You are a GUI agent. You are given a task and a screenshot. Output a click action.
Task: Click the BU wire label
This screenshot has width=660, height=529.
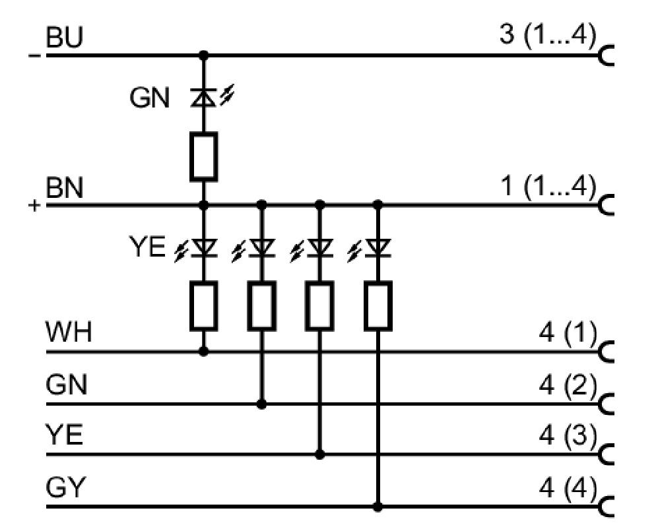tap(64, 37)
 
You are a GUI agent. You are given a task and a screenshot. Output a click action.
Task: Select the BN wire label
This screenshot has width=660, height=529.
tap(64, 187)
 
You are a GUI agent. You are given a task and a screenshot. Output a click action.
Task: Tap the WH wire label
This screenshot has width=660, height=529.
tap(69, 332)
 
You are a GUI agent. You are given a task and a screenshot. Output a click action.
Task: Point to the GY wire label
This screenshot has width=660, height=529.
tap(65, 487)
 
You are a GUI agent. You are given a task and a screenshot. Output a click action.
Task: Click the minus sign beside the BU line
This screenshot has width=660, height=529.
tap(34, 55)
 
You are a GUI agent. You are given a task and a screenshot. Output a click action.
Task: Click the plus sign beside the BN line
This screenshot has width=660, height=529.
tap(34, 206)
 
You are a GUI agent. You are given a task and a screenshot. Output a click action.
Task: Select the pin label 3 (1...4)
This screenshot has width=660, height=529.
tap(548, 34)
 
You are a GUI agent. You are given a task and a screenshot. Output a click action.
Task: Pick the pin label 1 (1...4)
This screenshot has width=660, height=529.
tap(548, 185)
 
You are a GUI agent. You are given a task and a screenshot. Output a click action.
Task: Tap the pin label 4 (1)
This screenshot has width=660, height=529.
tap(568, 332)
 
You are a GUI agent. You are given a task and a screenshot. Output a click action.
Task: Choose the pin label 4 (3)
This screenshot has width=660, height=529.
tap(568, 435)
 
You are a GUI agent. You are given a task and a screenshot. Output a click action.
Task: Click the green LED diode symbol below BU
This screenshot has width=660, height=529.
tap(204, 98)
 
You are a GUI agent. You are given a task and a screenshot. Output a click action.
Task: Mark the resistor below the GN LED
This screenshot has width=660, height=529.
tap(204, 156)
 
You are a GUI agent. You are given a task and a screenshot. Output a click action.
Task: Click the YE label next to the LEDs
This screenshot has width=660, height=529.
tap(147, 247)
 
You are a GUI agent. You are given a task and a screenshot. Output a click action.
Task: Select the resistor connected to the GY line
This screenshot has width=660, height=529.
tap(378, 305)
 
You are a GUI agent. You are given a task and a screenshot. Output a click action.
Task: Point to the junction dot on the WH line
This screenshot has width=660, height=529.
tap(204, 352)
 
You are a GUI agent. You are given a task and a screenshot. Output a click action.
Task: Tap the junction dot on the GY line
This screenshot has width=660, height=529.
tap(378, 507)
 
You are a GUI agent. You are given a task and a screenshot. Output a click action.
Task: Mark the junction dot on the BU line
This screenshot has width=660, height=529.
tap(204, 55)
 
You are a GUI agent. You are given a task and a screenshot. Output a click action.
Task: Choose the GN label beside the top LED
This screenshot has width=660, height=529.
tap(149, 98)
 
